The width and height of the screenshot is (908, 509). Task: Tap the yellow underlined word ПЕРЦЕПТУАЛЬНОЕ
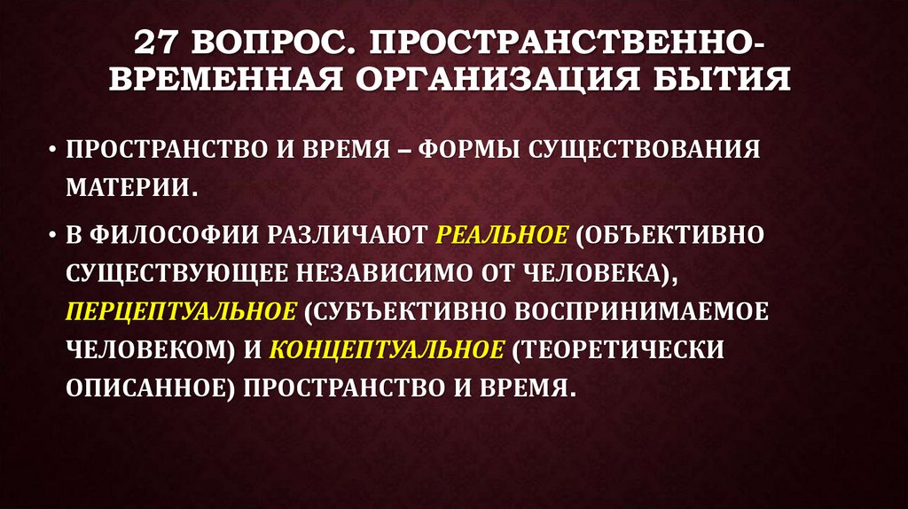[x=180, y=312]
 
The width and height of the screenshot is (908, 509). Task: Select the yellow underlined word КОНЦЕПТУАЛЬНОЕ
[x=385, y=350]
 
